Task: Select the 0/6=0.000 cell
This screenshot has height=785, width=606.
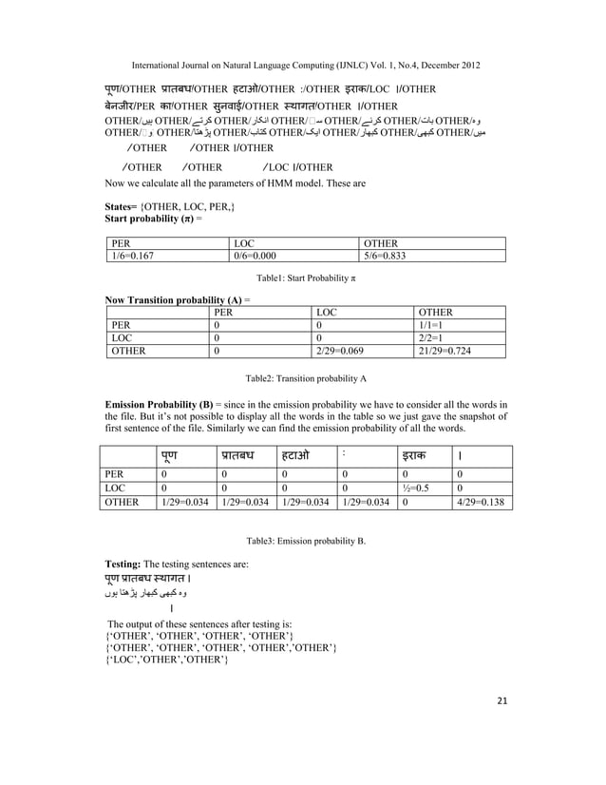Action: click(260, 256)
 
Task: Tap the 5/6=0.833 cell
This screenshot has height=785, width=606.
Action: click(391, 256)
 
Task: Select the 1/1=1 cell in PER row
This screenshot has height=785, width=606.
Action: click(436, 324)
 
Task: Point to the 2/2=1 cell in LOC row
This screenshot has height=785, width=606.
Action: click(436, 337)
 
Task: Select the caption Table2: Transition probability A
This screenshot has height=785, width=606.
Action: click(305, 377)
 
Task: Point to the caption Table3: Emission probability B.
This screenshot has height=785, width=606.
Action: click(305, 539)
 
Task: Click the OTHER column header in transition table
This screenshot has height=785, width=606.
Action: click(436, 311)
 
